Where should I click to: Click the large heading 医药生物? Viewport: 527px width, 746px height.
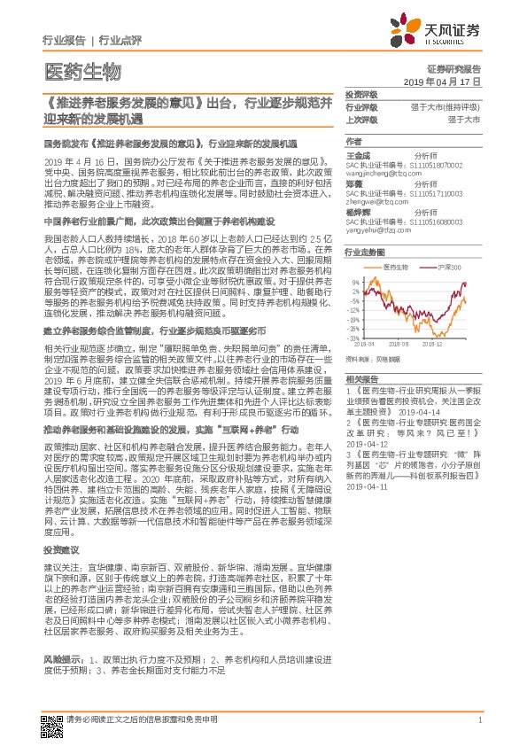(81, 72)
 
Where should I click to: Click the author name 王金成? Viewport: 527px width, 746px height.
(358, 154)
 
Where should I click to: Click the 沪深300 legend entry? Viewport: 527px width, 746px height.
(452, 266)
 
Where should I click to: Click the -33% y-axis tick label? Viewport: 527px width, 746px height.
(353, 338)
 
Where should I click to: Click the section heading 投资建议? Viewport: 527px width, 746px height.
(58, 550)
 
